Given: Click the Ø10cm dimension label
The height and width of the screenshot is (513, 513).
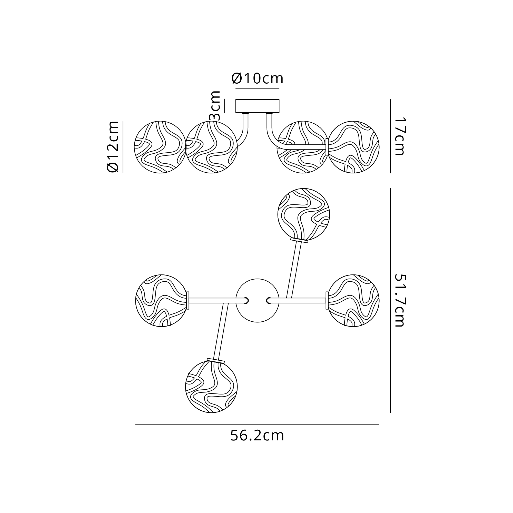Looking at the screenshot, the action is coord(257,78).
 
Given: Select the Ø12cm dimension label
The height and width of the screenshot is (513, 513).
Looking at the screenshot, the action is coord(113,146).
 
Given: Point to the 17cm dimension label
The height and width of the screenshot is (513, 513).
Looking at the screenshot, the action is coord(399,136).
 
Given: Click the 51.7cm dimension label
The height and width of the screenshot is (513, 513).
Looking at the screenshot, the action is coord(399,300).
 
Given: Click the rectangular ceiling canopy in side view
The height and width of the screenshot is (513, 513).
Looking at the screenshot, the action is coord(257,106).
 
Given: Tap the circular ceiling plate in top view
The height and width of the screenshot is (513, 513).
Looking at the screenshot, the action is coord(258,301).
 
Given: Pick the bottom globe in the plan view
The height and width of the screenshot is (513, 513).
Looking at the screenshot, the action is coord(211,387).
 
